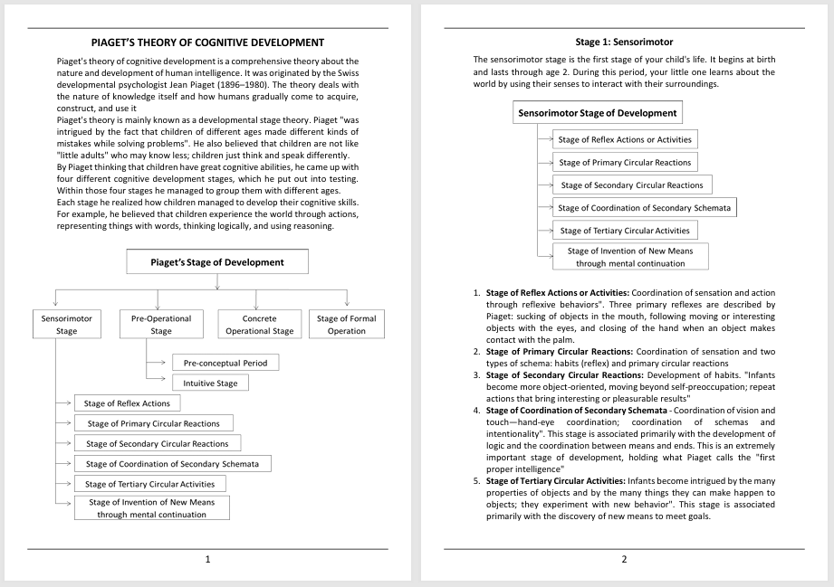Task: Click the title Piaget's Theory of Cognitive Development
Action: click(208, 43)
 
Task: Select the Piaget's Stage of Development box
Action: click(217, 262)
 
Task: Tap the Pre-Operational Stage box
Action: click(158, 325)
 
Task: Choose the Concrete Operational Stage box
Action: click(259, 325)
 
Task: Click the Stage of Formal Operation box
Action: click(347, 325)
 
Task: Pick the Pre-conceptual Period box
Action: click(225, 363)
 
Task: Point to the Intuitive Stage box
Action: click(210, 383)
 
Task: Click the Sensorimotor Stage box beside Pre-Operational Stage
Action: click(67, 325)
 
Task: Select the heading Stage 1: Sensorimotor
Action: click(624, 43)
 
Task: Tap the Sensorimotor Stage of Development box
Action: click(597, 113)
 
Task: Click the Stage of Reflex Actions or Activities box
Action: click(625, 139)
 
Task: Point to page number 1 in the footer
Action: click(208, 559)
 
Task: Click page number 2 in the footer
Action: click(624, 559)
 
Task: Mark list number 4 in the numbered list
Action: click(477, 410)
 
